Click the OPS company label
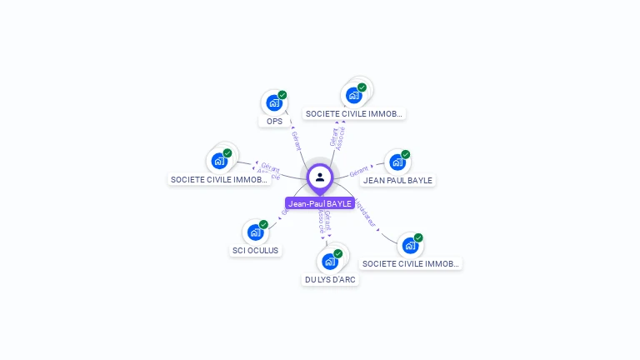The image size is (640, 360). point(274,122)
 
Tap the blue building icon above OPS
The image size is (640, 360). point(273,103)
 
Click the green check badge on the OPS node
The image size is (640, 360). point(282,95)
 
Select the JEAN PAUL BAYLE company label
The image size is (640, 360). point(398,180)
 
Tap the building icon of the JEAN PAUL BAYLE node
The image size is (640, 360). point(397,162)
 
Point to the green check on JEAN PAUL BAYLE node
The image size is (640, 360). point(406,154)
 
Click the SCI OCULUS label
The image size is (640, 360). point(256,250)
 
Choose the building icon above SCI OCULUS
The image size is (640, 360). point(255,232)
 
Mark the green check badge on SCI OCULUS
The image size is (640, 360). point(263,224)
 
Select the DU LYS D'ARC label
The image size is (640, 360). point(331,280)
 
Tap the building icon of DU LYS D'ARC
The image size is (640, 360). point(329,262)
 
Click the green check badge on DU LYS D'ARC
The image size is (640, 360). point(338,253)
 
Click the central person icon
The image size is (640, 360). point(320,177)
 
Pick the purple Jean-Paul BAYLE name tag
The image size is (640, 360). point(320,203)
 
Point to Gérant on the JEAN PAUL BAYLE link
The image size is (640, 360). point(358,171)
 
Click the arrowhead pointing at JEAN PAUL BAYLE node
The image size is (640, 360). point(372,167)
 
